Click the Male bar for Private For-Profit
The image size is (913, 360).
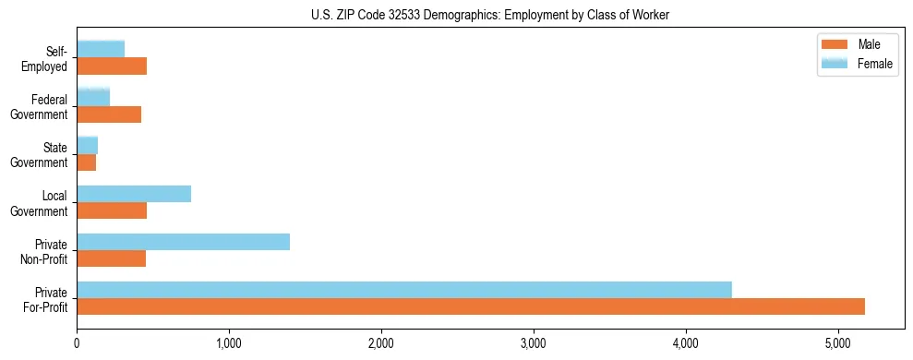[471, 306]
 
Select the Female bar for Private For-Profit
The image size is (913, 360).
[404, 290]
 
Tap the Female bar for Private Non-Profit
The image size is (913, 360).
[184, 242]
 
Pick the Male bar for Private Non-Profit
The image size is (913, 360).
[112, 258]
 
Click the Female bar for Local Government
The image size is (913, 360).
[134, 194]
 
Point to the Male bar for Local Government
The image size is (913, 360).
[112, 210]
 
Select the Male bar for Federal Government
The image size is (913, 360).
[109, 114]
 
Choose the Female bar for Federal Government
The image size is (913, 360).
[93, 97]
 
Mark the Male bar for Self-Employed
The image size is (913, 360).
[112, 66]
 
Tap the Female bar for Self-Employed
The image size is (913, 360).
[101, 49]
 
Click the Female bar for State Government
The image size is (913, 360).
[88, 145]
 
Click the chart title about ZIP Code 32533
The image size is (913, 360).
[490, 14]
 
